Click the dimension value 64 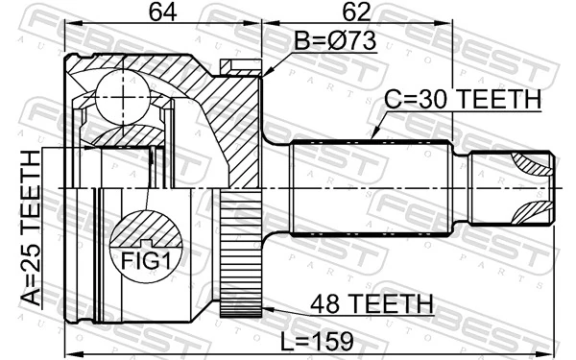pos(161,12)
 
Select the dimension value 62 pos(358,12)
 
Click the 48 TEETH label pos(370,304)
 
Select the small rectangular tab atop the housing pos(233,66)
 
